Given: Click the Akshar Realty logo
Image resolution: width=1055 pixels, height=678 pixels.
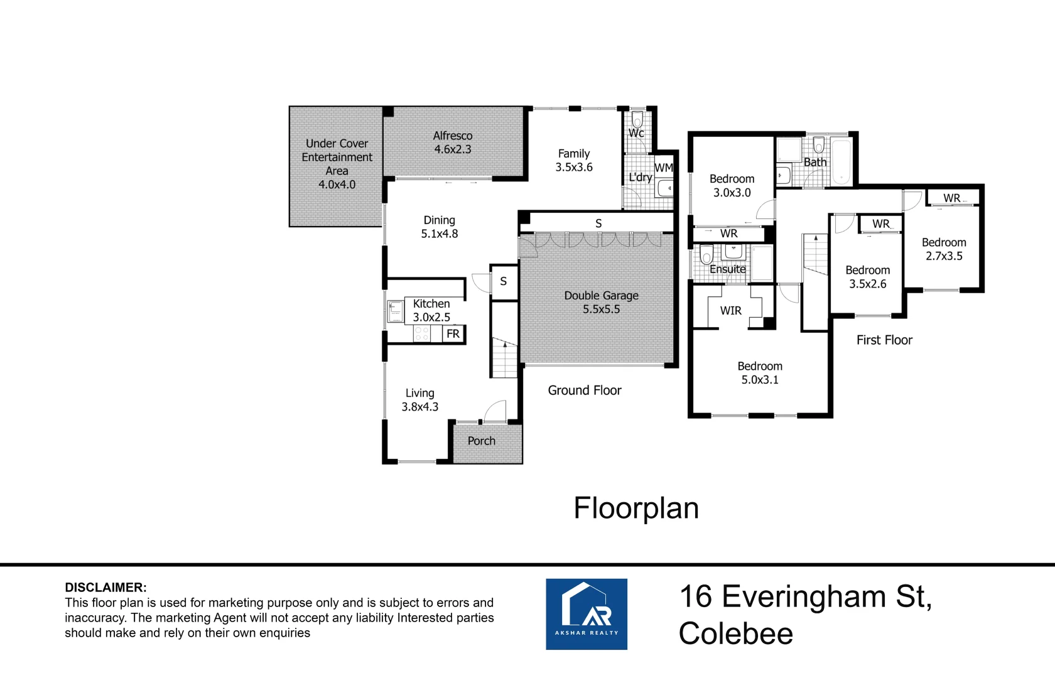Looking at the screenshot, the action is pyautogui.click(x=587, y=614).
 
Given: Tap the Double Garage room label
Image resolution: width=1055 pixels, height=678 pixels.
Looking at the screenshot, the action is pyautogui.click(x=602, y=303).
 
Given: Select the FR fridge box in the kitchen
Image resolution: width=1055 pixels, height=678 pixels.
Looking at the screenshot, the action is pyautogui.click(x=453, y=334).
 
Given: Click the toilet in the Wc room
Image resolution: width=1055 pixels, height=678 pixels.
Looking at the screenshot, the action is pyautogui.click(x=637, y=119).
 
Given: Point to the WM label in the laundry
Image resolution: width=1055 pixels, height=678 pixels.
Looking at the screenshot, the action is pyautogui.click(x=664, y=168).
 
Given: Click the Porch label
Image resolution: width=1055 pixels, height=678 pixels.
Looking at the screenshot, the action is pyautogui.click(x=481, y=441).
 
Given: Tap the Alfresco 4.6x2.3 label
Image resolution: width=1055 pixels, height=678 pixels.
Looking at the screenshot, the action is pyautogui.click(x=453, y=142).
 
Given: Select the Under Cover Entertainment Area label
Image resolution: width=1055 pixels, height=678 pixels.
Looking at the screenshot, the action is pyautogui.click(x=337, y=164).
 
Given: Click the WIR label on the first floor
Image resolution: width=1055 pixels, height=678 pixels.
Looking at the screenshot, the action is pyautogui.click(x=730, y=311).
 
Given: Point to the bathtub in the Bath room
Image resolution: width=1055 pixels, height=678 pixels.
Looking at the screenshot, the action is pyautogui.click(x=841, y=161).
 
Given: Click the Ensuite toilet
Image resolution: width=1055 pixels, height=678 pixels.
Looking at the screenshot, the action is pyautogui.click(x=706, y=255).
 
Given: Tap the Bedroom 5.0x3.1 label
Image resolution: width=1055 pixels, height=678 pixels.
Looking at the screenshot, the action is pyautogui.click(x=760, y=373).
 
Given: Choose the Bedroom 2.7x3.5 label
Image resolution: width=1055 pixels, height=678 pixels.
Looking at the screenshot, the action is pyautogui.click(x=944, y=249).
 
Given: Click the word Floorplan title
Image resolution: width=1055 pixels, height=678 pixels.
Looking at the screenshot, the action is pyautogui.click(x=636, y=508).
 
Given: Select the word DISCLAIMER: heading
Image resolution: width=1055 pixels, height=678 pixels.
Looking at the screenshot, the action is pyautogui.click(x=105, y=588).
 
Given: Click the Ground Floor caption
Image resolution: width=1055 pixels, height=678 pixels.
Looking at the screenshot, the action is pyautogui.click(x=585, y=390).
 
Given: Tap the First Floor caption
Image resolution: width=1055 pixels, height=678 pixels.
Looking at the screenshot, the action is pyautogui.click(x=884, y=340).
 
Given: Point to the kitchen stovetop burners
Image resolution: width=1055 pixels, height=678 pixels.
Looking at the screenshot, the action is pyautogui.click(x=421, y=334).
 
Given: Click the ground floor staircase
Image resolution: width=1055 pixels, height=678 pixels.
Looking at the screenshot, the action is pyautogui.click(x=504, y=358).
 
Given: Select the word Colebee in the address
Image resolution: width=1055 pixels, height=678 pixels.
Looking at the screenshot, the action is pyautogui.click(x=736, y=634).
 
